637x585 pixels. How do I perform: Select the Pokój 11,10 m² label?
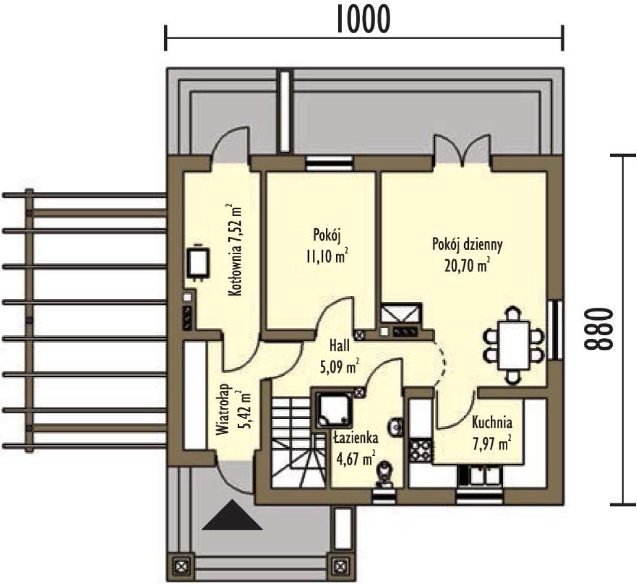pyautogui.click(x=326, y=246)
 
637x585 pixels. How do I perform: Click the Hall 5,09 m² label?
pyautogui.click(x=339, y=356)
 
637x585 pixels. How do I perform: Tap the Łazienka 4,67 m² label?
pyautogui.click(x=356, y=448)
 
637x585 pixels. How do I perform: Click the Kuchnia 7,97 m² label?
pyautogui.click(x=492, y=433)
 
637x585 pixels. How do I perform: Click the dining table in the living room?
pyautogui.click(x=513, y=345)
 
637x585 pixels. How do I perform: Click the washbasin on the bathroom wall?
pyautogui.click(x=396, y=426)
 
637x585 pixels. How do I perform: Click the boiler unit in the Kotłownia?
pyautogui.click(x=198, y=263)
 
